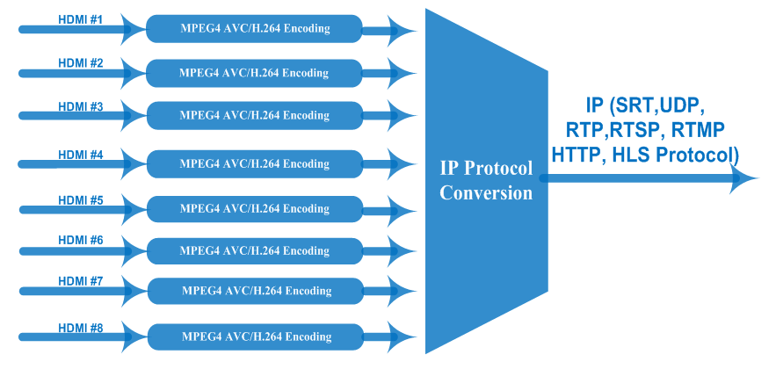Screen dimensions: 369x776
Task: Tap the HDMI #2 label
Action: pyautogui.click(x=81, y=63)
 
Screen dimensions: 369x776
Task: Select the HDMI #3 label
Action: pyautogui.click(x=81, y=106)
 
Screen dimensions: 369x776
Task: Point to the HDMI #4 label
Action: pyautogui.click(x=81, y=155)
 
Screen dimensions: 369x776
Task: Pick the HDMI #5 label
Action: pyautogui.click(x=81, y=199)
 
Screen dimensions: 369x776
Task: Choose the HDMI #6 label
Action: pyautogui.click(x=81, y=240)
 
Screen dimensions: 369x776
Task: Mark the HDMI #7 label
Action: pyautogui.click(x=81, y=281)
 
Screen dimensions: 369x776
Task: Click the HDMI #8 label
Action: pyautogui.click(x=81, y=328)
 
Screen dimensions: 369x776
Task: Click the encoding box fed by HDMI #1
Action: pyautogui.click(x=255, y=29)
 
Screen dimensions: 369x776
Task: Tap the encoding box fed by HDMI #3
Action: pyautogui.click(x=255, y=115)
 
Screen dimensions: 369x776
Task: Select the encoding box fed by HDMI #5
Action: pyautogui.click(x=255, y=209)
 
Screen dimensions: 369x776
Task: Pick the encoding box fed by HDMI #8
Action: pyautogui.click(x=255, y=336)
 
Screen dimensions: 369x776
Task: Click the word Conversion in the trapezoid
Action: pyautogui.click(x=486, y=193)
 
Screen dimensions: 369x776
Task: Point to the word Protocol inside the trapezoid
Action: pyautogui.click(x=497, y=169)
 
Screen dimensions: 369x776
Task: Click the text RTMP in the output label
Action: pyautogui.click(x=699, y=132)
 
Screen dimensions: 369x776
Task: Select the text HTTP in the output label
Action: pyautogui.click(x=577, y=155)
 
